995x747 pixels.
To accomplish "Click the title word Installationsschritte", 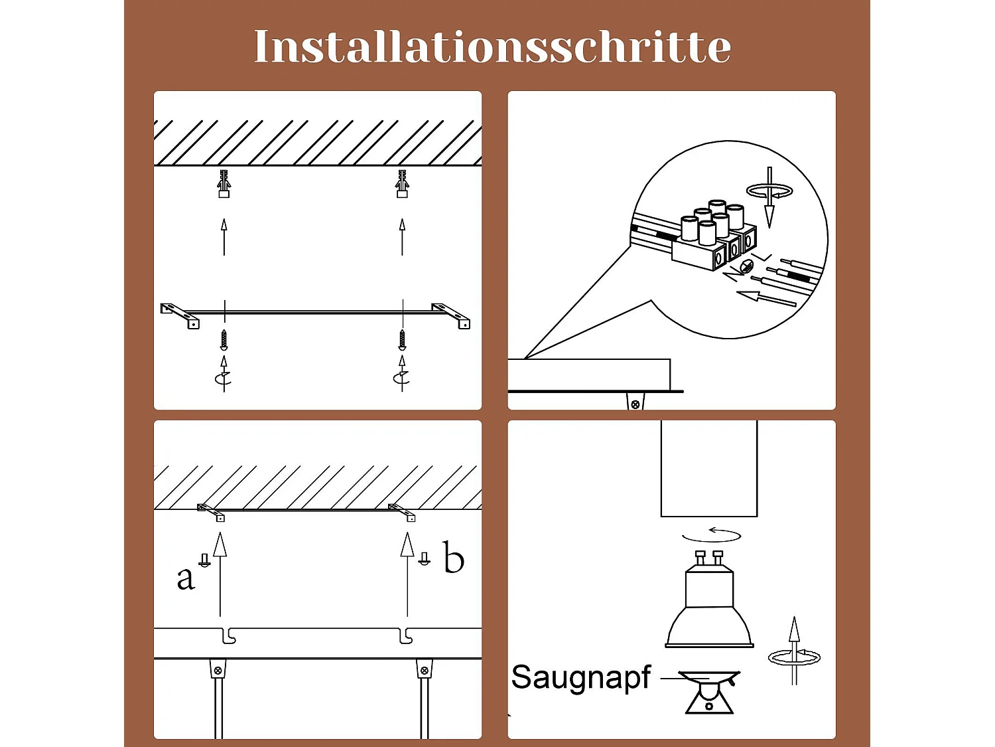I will pos(492,46).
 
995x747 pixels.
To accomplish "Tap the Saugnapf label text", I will pos(581,678).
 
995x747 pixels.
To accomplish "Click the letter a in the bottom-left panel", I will pos(186,578).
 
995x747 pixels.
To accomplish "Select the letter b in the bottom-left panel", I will pos(454,558).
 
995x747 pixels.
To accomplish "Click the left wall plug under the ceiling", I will pos(224,184).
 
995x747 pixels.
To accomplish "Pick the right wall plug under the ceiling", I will pos(402,184).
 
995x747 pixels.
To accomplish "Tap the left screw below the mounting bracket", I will pos(224,339).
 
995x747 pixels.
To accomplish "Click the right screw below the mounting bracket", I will pos(402,339).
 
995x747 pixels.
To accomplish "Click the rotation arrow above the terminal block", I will pos(769,193).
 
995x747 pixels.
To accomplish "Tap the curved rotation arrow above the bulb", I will pos(712,535).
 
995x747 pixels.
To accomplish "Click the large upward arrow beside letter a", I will pos(220,571).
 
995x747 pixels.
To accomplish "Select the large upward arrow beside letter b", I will pos(407,571).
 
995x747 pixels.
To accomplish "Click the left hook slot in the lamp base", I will pos(228,636).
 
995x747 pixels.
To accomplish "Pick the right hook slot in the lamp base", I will pos(407,636).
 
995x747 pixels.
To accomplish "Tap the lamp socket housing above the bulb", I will pos(709,468).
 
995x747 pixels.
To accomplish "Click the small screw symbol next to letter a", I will pos(205,560).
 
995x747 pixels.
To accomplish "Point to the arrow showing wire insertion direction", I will pos(766,298).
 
